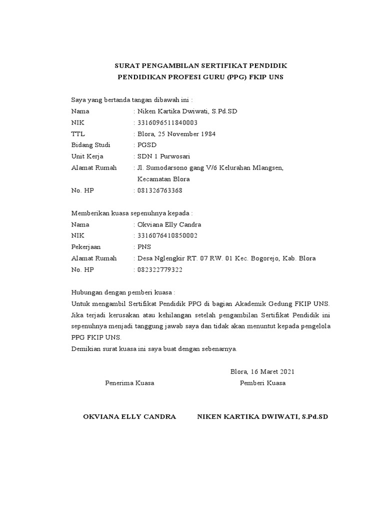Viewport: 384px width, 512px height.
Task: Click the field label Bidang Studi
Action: coord(90,145)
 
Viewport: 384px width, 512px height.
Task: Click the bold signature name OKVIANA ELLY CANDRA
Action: coord(129,416)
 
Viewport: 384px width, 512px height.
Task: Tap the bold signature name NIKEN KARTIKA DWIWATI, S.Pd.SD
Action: coord(262,416)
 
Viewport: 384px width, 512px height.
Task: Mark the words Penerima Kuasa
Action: coord(129,383)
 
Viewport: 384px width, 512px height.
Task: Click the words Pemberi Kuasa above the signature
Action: coord(262,383)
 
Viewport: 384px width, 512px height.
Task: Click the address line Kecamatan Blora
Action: coord(163,179)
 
